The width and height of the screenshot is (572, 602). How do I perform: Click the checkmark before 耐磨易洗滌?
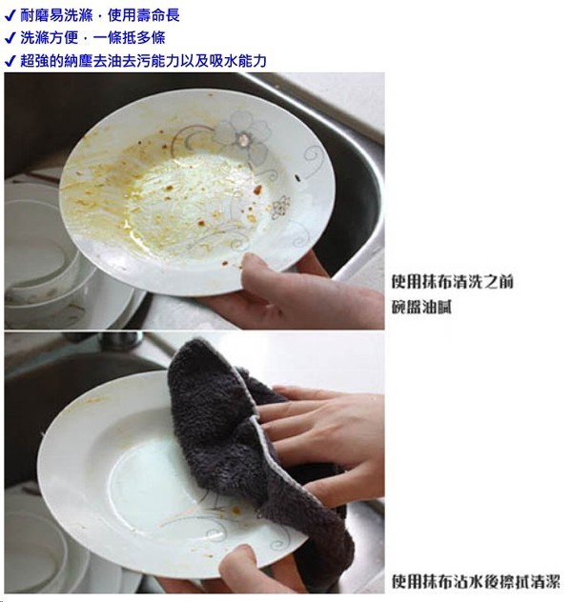tap(10, 16)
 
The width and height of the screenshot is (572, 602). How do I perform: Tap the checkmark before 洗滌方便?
tap(10, 38)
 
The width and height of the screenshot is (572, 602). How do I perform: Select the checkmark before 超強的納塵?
tap(10, 61)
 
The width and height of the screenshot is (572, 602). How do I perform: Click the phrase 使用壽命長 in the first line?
tap(144, 15)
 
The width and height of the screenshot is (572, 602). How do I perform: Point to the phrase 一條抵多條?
tap(129, 38)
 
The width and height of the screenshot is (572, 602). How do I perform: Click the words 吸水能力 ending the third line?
tap(237, 61)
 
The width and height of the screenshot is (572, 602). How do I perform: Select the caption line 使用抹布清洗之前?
tap(452, 282)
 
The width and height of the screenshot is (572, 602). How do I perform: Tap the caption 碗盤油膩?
tap(421, 307)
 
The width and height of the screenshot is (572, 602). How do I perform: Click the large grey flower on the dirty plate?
tap(243, 136)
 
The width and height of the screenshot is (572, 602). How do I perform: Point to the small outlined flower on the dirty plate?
tap(281, 207)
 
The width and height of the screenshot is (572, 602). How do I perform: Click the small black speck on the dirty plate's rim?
tap(296, 178)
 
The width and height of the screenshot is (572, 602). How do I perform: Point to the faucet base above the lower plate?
tap(119, 340)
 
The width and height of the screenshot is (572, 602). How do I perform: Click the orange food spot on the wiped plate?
tap(236, 511)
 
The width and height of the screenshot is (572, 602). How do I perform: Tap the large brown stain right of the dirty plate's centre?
tap(257, 190)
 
